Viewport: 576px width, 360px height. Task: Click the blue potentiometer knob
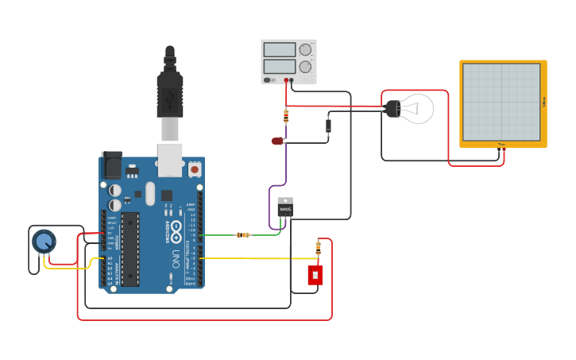click(x=44, y=241)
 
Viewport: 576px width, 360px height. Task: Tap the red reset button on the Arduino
click(x=194, y=169)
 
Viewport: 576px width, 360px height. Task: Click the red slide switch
click(x=315, y=275)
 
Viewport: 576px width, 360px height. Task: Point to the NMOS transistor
click(x=285, y=207)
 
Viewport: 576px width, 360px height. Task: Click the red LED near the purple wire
click(x=277, y=141)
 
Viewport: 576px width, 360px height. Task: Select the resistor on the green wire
click(x=243, y=234)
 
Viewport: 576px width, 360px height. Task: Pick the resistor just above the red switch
click(x=319, y=247)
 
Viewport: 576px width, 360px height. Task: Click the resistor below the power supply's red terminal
click(x=286, y=116)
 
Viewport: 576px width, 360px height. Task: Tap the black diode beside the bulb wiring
click(x=328, y=126)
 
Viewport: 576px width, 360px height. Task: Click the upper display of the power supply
click(x=279, y=50)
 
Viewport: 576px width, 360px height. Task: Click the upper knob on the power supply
click(x=305, y=49)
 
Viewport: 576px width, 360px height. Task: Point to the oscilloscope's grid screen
click(x=501, y=102)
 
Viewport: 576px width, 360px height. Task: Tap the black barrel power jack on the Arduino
click(x=111, y=165)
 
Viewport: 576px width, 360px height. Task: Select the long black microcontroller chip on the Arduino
click(x=130, y=249)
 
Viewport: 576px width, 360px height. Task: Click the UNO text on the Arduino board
click(x=176, y=258)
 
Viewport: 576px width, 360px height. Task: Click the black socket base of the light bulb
click(x=392, y=109)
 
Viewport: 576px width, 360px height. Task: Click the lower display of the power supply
click(x=279, y=67)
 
